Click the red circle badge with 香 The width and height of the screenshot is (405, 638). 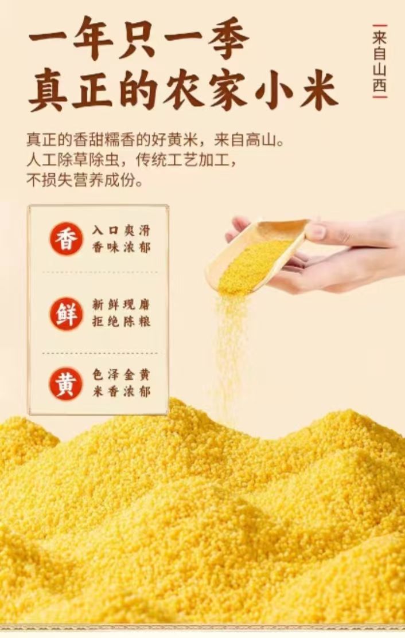click(66, 239)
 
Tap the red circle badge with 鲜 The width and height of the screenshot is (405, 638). click(66, 314)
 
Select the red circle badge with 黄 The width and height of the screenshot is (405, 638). click(66, 384)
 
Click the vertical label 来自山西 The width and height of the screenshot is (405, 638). click(379, 61)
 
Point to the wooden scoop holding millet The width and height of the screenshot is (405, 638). click(256, 255)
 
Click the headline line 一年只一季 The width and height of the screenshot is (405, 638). click(138, 38)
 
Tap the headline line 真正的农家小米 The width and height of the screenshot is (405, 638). click(183, 91)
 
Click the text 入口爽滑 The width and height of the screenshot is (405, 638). click(121, 230)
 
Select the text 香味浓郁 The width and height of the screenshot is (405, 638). click(121, 248)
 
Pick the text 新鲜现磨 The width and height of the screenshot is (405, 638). click(121, 304)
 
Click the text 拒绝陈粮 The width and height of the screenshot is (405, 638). click(121, 322)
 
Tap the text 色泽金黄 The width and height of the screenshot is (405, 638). click(121, 375)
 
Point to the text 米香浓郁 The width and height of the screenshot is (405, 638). click(121, 392)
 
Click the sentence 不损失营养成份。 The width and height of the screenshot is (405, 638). click(85, 180)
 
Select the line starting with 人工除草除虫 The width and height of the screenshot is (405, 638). click(131, 161)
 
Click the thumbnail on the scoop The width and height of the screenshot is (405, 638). click(316, 231)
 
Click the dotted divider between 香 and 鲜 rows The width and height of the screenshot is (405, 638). click(100, 272)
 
